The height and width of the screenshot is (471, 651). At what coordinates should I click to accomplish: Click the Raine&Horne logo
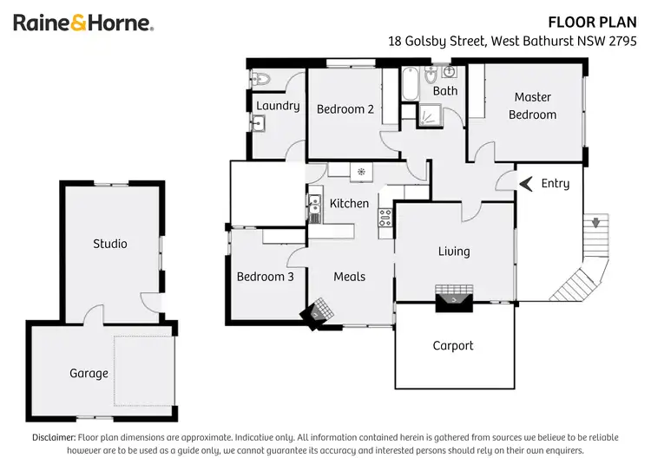pos(83,23)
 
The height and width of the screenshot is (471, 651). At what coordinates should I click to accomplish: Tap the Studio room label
pos(110,244)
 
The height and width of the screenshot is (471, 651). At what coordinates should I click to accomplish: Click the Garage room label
pos(89,373)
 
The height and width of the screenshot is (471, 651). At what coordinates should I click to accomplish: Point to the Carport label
pos(453,345)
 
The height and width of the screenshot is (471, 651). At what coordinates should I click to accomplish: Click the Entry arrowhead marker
pos(525,183)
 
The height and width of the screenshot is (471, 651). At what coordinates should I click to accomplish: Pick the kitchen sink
pos(313,206)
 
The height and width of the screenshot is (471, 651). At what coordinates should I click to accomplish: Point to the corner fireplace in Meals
pos(318,311)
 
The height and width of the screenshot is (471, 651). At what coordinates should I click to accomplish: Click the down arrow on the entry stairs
pos(595,223)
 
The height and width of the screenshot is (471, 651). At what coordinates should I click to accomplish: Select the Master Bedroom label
pos(532,106)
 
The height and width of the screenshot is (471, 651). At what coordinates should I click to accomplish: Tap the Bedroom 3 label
pos(265,277)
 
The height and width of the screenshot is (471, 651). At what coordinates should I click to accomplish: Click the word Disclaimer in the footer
pos(54,438)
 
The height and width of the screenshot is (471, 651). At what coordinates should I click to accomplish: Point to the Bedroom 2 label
pos(345,109)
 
